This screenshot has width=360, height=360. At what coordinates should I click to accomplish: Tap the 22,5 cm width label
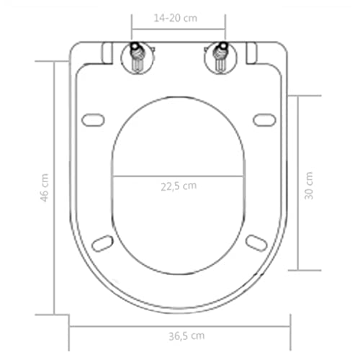179,185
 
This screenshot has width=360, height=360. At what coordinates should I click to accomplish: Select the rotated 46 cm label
44,187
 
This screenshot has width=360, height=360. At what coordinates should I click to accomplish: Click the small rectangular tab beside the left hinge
107,53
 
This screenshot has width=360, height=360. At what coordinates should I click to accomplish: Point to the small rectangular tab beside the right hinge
251,53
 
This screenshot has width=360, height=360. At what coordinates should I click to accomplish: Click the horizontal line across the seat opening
179,176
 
